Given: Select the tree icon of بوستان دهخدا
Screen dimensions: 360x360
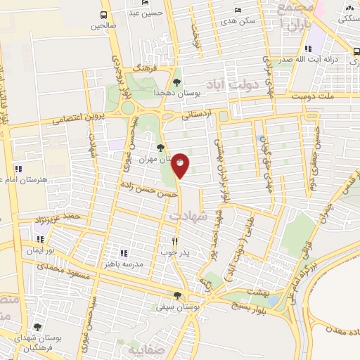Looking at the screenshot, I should [175, 82].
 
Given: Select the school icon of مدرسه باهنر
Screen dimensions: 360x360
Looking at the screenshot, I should [123, 252].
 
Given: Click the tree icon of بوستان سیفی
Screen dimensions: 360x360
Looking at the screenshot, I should [176, 295].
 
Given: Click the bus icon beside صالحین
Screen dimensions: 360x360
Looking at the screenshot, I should [104, 15].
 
